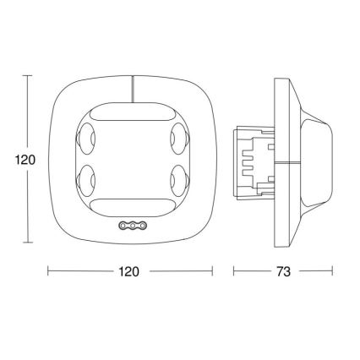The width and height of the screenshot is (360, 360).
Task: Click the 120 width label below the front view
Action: coord(128,272)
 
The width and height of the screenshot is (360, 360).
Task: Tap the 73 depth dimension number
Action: coord(283,272)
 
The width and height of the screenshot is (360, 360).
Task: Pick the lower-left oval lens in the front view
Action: coord(89,179)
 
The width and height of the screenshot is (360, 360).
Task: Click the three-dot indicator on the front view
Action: coord(132,226)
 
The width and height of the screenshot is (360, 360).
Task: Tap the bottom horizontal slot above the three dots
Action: coord(132,204)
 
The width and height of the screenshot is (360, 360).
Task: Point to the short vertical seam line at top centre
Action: coord(132,87)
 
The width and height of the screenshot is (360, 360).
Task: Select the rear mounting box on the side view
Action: coord(254,158)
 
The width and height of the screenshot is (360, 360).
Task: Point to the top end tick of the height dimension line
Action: coord(27,75)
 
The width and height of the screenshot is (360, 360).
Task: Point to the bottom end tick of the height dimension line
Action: coord(27,242)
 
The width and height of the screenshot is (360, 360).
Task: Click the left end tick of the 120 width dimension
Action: coord(48,272)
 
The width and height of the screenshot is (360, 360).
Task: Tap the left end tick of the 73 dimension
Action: coord(234,272)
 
